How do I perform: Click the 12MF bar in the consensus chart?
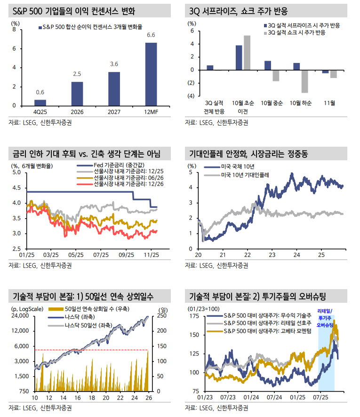(151, 74)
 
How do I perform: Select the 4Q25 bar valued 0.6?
(40, 102)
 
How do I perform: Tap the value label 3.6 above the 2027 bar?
(114, 64)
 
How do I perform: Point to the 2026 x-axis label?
(77, 112)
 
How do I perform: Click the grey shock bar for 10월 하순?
(304, 81)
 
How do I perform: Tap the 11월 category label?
(330, 103)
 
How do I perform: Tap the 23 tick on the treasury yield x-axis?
(271, 254)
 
